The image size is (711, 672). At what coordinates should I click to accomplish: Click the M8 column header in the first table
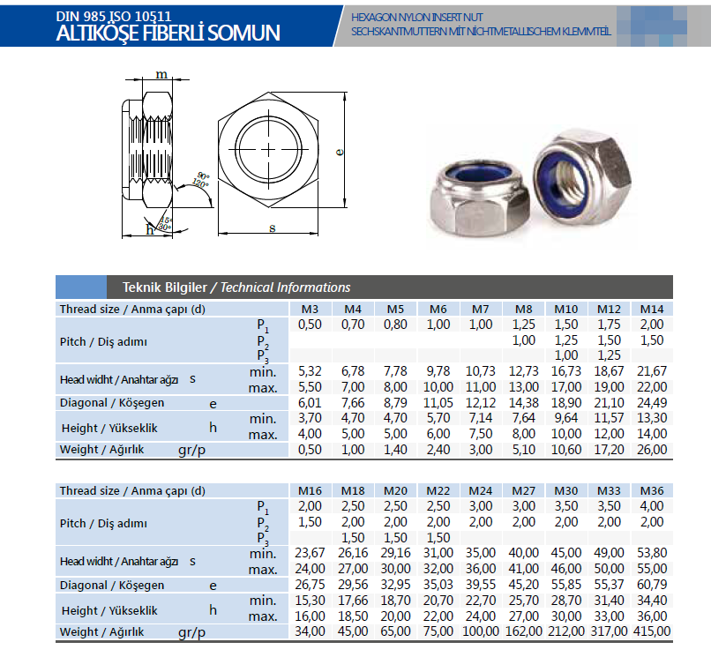[524, 310]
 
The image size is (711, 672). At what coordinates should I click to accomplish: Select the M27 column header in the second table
[524, 491]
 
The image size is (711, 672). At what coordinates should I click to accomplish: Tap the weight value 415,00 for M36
[652, 631]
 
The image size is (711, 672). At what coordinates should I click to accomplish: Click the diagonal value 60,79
[652, 585]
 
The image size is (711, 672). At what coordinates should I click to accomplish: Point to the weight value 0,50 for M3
[310, 449]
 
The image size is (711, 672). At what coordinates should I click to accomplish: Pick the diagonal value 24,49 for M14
[652, 403]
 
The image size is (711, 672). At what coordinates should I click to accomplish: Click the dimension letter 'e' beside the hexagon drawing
[340, 152]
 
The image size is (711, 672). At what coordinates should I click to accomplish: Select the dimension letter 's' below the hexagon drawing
[272, 228]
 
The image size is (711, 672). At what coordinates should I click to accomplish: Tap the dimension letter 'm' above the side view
[161, 75]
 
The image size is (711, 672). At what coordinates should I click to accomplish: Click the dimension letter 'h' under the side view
[150, 230]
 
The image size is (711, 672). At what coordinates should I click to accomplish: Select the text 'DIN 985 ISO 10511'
[113, 14]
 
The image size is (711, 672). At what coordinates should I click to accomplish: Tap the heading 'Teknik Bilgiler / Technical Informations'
[229, 287]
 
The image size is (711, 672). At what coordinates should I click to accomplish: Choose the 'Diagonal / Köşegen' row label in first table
[112, 403]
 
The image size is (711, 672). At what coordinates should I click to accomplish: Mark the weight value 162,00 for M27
[524, 631]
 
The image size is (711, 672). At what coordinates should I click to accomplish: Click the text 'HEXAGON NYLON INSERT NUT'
[416, 16]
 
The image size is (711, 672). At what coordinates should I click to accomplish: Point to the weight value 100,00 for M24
[481, 631]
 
